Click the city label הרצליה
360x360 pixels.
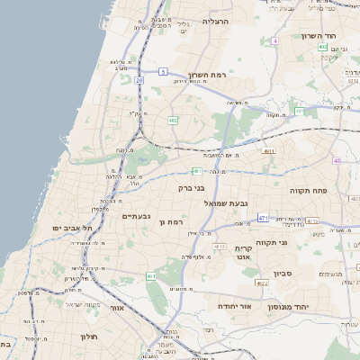click(217, 21)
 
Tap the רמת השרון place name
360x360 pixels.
click(210, 76)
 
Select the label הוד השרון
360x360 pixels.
click(318, 36)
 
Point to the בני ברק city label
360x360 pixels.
click(191, 190)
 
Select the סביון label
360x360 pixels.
click(283, 272)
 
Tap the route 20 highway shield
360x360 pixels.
click(139, 80)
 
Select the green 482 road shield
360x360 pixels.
click(172, 120)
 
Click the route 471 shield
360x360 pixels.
click(263, 218)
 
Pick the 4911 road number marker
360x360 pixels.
click(269, 152)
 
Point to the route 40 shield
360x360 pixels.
click(337, 161)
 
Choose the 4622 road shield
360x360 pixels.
click(262, 283)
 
